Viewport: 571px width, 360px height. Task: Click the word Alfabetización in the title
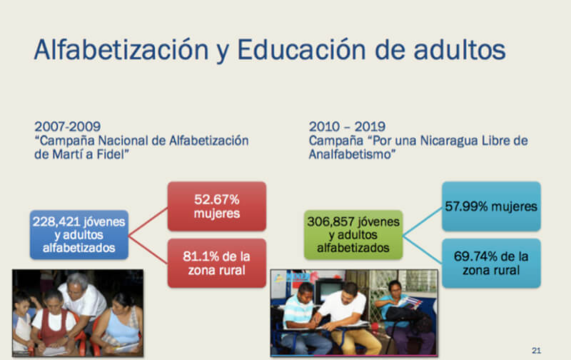(121, 49)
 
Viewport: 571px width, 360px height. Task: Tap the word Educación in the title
(301, 49)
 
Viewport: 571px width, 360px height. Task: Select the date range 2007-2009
(67, 127)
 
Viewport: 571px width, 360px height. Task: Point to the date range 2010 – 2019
(347, 127)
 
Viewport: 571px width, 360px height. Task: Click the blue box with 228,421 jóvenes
(79, 235)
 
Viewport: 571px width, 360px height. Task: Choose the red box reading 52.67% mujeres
(217, 206)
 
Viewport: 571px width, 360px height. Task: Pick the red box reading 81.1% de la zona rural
(217, 263)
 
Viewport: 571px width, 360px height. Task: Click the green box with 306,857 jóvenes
(353, 235)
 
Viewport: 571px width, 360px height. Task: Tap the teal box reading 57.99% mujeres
(491, 206)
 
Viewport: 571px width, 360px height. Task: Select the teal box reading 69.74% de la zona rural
(491, 263)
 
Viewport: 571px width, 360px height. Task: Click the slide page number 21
(536, 351)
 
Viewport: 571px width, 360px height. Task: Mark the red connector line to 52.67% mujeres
(148, 221)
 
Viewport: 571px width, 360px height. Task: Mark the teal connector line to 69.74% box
(423, 249)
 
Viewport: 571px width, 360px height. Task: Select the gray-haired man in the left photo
(83, 302)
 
